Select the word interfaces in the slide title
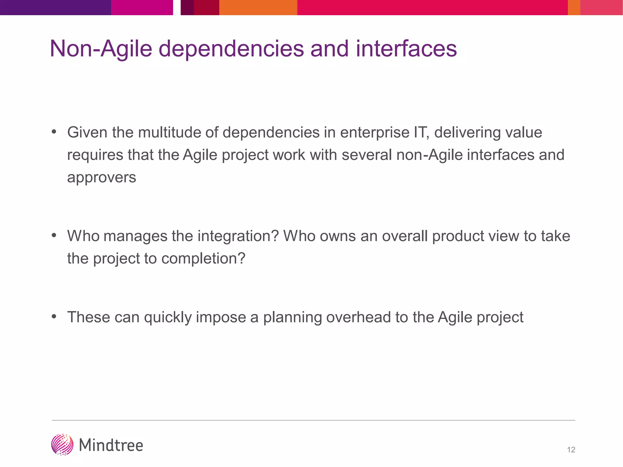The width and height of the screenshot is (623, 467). tap(406, 49)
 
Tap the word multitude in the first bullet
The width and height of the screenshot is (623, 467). tap(169, 133)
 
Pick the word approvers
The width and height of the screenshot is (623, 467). tap(102, 177)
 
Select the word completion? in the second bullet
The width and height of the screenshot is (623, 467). tap(203, 258)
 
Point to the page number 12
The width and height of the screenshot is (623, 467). tap(571, 450)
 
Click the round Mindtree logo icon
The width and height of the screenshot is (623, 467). tap(62, 445)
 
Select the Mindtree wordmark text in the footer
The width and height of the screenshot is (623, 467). tap(111, 445)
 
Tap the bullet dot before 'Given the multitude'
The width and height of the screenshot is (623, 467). tap(54, 132)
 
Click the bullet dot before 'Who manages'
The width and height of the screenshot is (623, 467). tap(54, 235)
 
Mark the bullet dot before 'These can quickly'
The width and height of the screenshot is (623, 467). tap(54, 317)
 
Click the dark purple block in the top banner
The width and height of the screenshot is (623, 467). tap(55, 7)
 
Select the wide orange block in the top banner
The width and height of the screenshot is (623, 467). tap(258, 7)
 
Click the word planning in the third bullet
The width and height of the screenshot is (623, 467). tap(292, 317)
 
